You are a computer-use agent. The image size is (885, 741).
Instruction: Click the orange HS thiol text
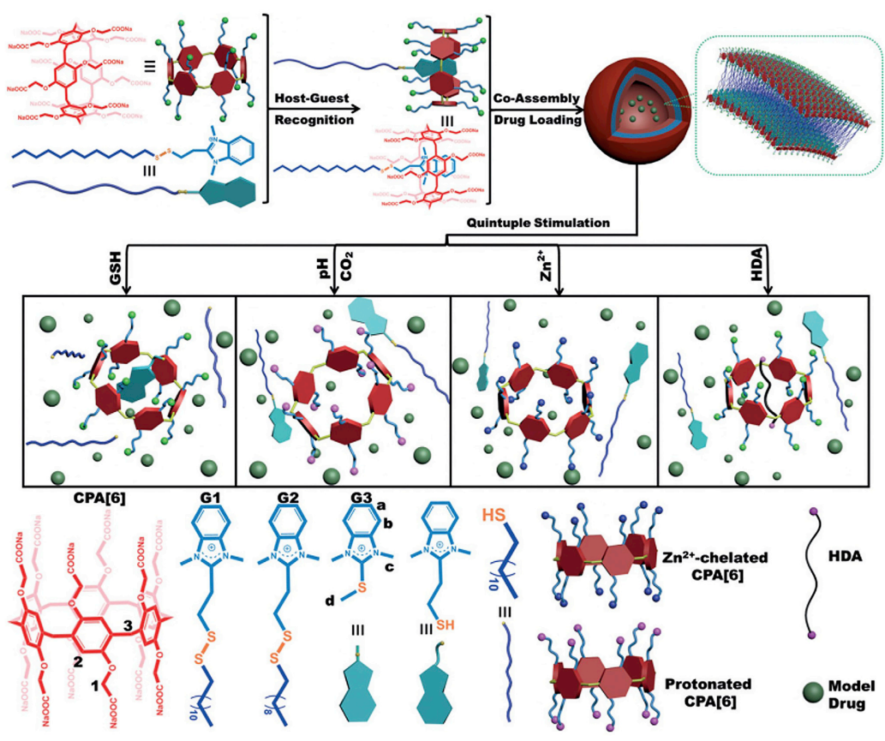coord(499,517)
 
